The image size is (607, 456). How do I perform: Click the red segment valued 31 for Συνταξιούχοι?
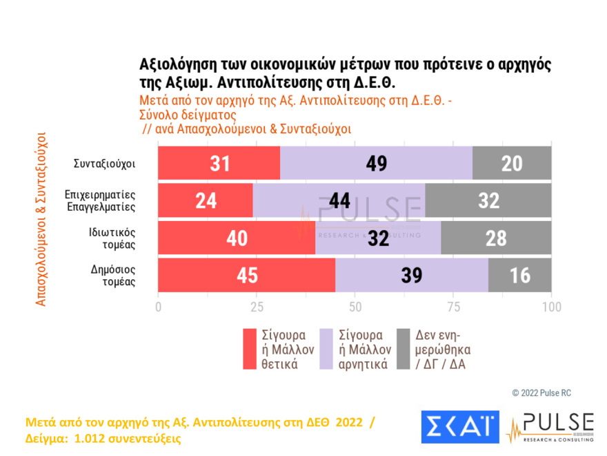tap(219, 164)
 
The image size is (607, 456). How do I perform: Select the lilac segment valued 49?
tap(376, 164)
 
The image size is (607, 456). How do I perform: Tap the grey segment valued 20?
tap(512, 164)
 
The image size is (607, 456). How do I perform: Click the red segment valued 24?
tap(206, 201)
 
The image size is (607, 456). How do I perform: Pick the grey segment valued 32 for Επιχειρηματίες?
tap(488, 201)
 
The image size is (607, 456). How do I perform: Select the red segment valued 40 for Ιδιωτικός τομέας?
tap(237, 238)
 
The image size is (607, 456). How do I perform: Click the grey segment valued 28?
tap(496, 238)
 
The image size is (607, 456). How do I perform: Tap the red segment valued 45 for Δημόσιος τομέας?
tap(247, 276)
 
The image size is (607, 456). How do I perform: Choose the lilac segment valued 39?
tap(411, 276)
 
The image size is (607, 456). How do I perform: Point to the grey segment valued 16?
tap(519, 276)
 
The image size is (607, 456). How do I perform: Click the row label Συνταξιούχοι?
tap(104, 164)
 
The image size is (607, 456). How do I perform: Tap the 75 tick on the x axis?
tap(453, 306)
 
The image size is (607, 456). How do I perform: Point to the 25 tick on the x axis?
tap(257, 306)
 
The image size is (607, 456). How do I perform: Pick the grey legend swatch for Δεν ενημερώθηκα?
tap(404, 350)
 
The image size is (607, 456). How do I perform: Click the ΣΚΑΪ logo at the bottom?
tap(459, 428)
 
